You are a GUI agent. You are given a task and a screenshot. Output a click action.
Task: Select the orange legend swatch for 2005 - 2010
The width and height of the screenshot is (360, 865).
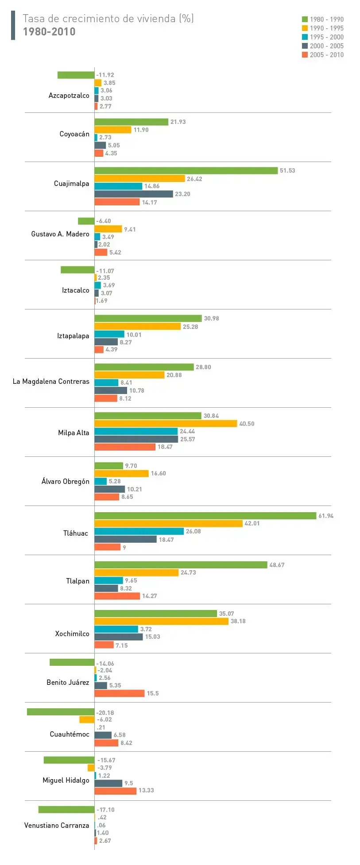point(305,55)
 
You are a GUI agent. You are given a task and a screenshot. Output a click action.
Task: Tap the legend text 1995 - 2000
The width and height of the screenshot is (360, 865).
point(326,37)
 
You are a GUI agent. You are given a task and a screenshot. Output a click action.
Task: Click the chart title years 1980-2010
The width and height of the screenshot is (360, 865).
point(49,32)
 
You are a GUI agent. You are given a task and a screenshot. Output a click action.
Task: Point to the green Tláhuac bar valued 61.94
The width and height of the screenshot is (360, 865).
point(205,516)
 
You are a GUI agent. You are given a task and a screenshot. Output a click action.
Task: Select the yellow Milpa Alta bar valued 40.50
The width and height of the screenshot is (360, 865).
point(166,424)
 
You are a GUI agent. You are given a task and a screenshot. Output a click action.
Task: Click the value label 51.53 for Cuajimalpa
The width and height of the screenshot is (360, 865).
point(287,171)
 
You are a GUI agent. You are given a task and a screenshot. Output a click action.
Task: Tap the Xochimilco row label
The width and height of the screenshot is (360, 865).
point(72,634)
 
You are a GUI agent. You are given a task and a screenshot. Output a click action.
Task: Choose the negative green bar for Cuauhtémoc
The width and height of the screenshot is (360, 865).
point(61,712)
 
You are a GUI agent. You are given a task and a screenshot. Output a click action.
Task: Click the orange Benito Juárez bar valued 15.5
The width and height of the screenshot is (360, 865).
point(120,693)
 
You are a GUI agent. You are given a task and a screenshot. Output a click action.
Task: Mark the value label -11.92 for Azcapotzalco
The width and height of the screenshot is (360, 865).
point(105,75)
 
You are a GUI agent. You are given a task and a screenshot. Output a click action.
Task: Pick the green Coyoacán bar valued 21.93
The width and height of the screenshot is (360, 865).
point(132,122)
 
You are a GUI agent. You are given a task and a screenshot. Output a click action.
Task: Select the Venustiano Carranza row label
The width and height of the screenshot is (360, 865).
point(57,826)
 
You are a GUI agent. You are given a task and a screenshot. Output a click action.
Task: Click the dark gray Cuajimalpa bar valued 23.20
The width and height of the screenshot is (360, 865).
point(134,194)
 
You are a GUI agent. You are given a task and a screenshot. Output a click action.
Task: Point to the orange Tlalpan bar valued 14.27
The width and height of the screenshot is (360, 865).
point(117,596)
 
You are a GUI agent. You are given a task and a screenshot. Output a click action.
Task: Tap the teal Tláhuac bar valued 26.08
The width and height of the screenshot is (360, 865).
point(139,531)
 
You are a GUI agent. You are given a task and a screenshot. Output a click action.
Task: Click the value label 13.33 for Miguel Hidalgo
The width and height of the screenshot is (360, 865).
point(146,790)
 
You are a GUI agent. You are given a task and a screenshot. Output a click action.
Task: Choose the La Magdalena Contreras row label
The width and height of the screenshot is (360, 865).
point(51,382)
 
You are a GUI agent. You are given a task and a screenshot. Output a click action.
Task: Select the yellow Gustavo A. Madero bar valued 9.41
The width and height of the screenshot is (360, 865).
point(108,229)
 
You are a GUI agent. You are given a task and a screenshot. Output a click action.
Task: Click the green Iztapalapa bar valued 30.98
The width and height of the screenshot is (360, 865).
point(148,318)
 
